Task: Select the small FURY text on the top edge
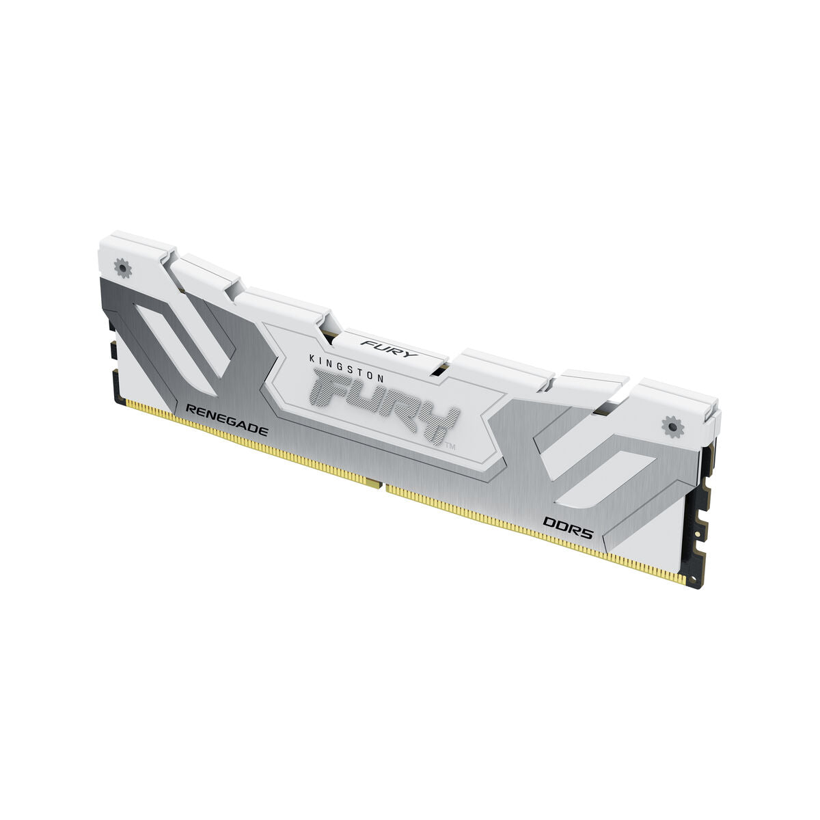(380, 345)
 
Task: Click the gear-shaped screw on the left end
(124, 269)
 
